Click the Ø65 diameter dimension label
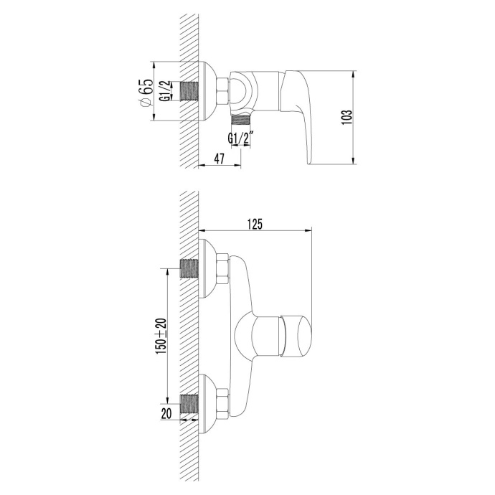pyautogui.click(x=146, y=93)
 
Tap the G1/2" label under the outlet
pyautogui.click(x=241, y=138)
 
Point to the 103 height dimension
pyautogui.click(x=346, y=118)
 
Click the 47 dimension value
pyautogui.click(x=220, y=159)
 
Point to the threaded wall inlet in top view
pyautogui.click(x=189, y=94)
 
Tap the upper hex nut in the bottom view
pyautogui.click(x=222, y=268)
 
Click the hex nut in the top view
pyautogui.click(x=222, y=94)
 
